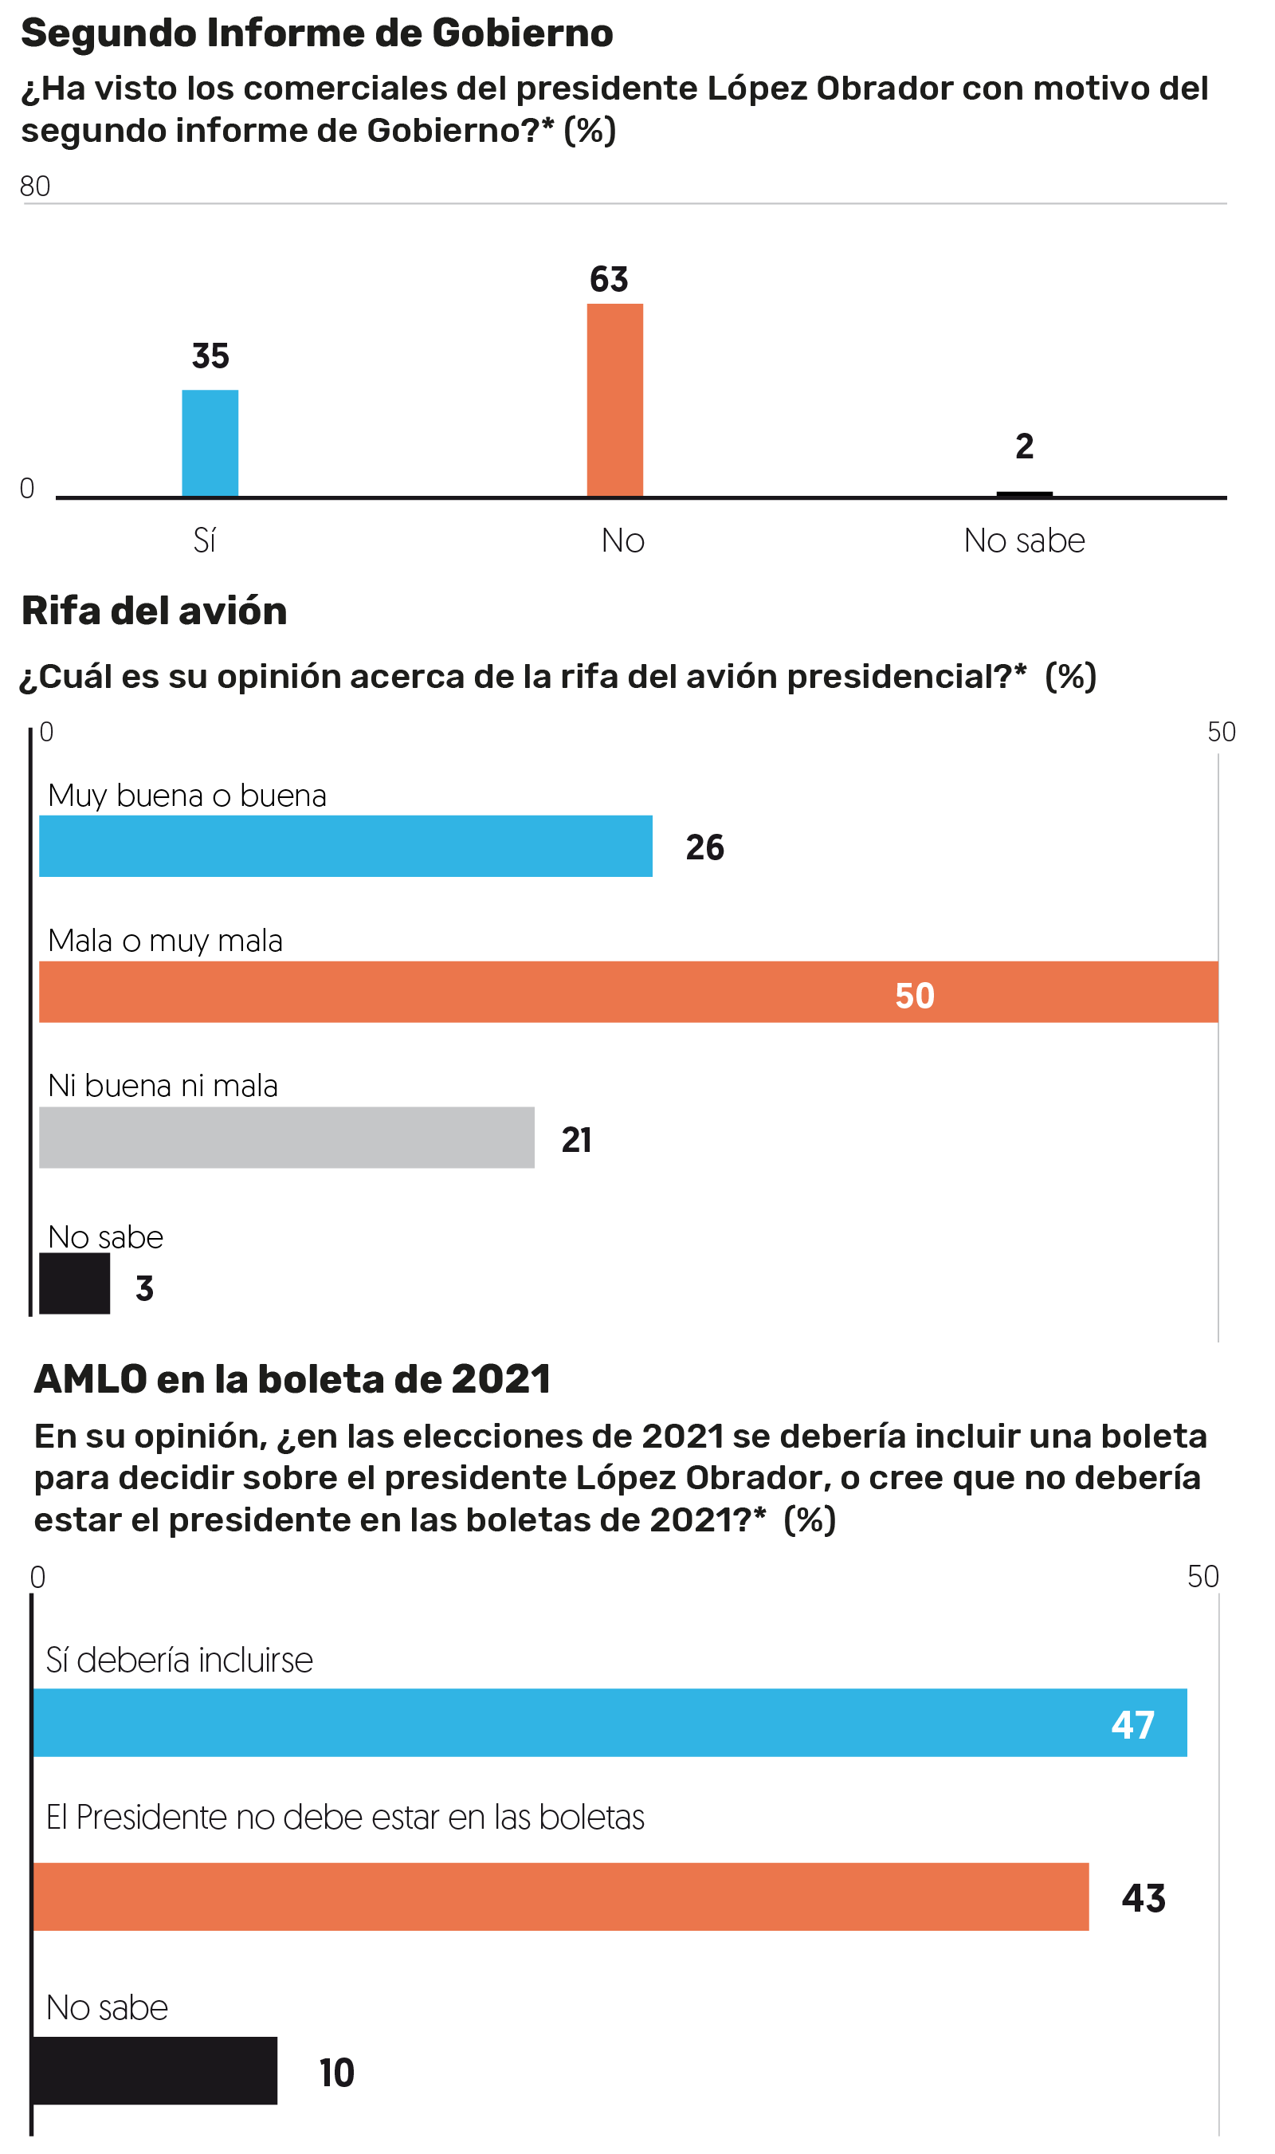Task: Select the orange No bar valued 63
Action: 614,399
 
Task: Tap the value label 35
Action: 210,356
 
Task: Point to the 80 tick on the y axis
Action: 35,187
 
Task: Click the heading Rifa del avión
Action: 155,611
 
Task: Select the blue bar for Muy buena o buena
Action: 345,846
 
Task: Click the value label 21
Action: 575,1140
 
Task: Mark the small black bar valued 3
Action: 75,1283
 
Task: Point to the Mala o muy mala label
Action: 165,941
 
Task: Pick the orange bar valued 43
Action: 560,1898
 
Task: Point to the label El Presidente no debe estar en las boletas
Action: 345,1818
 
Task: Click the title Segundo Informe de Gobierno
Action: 317,33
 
